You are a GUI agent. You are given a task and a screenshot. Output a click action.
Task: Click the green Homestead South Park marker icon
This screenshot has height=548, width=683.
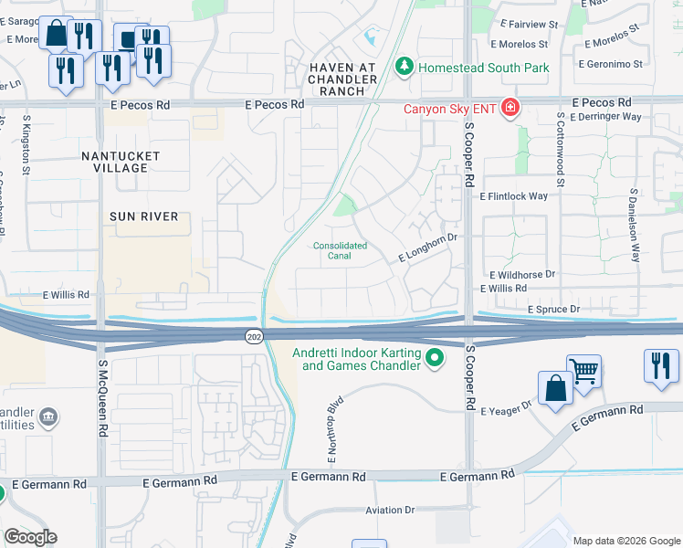[x=404, y=67]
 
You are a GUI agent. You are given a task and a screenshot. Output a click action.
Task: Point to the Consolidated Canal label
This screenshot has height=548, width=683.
[x=340, y=250]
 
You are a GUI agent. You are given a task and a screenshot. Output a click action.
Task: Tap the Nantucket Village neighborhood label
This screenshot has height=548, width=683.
[x=121, y=162]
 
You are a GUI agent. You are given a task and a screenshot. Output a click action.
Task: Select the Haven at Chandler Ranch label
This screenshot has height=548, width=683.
[x=342, y=73]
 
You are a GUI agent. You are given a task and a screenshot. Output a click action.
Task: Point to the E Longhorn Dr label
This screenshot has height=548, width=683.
[x=427, y=248]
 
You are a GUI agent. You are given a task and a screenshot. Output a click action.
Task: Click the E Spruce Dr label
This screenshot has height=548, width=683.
[x=553, y=310]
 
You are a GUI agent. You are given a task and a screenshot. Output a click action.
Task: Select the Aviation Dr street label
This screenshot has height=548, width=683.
[x=390, y=510]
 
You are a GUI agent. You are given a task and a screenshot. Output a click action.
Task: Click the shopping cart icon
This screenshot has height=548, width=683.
[x=583, y=371]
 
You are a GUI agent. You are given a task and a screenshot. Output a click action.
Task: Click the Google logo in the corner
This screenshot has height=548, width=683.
[x=30, y=537]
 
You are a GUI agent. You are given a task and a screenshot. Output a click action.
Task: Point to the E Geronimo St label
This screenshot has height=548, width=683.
[x=611, y=65]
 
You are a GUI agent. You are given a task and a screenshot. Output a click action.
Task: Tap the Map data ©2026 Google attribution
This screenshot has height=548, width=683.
[x=626, y=541]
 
